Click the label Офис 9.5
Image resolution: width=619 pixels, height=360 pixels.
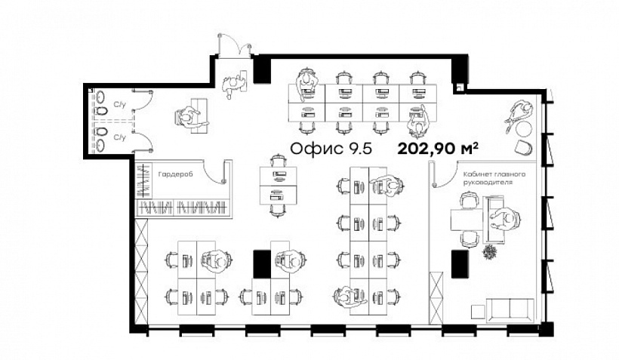[331, 149]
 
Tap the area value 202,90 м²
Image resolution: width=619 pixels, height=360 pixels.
[438, 149]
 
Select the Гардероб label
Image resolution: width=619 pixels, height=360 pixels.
[175, 174]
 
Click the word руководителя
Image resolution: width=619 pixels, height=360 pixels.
[488, 183]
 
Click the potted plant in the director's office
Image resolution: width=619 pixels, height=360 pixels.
[490, 251]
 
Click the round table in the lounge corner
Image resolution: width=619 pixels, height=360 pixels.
[524, 128]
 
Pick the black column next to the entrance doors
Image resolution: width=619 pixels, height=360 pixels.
[261, 70]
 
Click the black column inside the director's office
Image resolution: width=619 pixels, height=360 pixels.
[460, 263]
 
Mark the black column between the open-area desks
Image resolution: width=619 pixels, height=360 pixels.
[262, 264]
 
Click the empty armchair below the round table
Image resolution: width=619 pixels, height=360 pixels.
[524, 147]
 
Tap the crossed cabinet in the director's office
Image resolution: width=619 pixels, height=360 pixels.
[436, 297]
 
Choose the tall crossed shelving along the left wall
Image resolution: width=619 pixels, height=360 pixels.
[141, 272]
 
